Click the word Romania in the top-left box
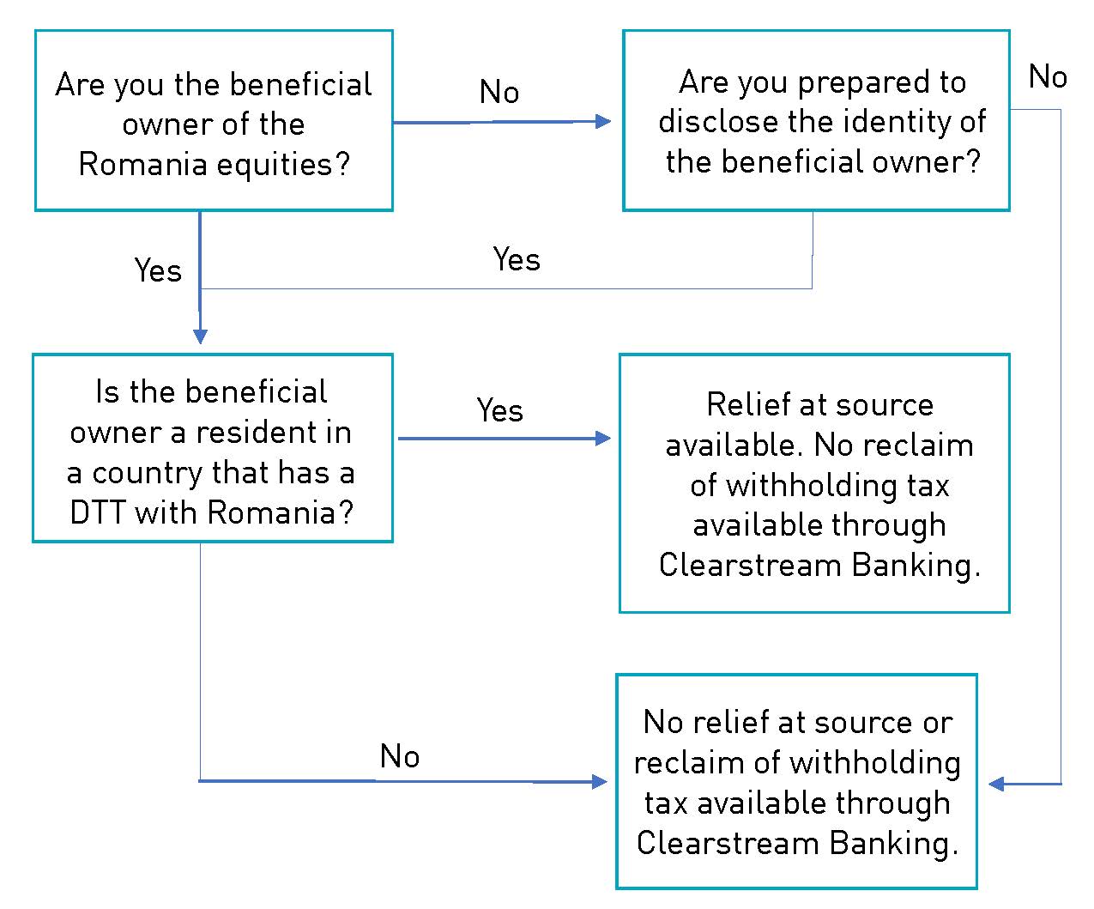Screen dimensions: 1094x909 click(x=143, y=164)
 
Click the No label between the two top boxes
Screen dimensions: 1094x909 click(x=499, y=92)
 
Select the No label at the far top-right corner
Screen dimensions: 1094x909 click(x=1048, y=76)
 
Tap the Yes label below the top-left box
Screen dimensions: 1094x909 click(x=158, y=270)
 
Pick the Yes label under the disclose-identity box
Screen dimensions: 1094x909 click(x=517, y=259)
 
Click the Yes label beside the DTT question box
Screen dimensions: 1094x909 click(x=500, y=410)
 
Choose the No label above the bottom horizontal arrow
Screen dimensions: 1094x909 click(x=400, y=756)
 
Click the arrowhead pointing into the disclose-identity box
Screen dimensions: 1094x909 click(x=603, y=122)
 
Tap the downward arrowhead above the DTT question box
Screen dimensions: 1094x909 click(x=200, y=336)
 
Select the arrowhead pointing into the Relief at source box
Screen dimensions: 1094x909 click(x=603, y=439)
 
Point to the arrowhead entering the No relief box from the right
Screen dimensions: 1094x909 click(x=996, y=785)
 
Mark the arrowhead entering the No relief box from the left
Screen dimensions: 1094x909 click(x=600, y=782)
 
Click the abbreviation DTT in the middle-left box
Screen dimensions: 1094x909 click(x=98, y=512)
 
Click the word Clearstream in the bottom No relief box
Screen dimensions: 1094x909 click(x=728, y=844)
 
